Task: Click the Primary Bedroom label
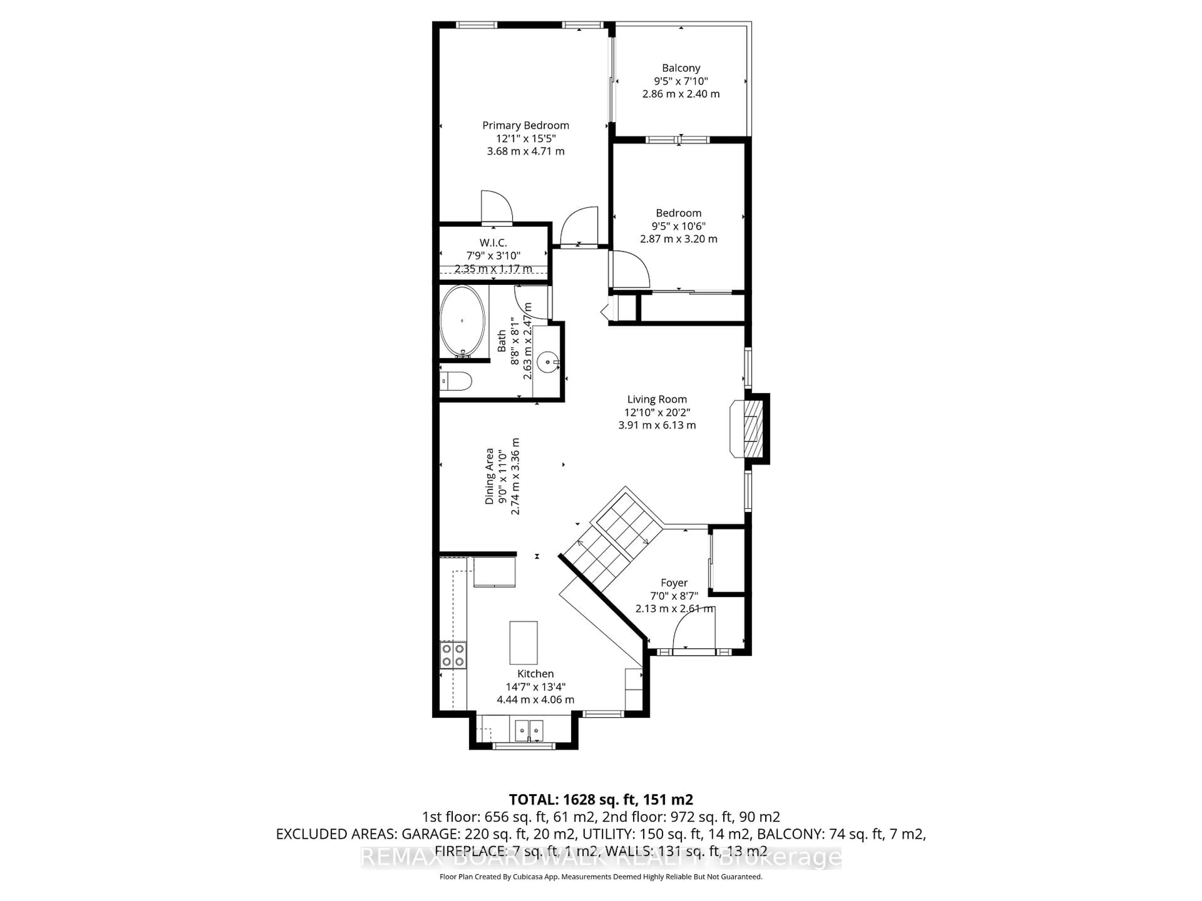pos(526,125)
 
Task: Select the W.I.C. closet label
pos(493,243)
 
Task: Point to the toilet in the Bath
pos(456,381)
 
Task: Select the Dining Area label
pos(490,476)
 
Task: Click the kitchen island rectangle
pos(523,643)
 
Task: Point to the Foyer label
pos(674,583)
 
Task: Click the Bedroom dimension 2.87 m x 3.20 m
pos(678,239)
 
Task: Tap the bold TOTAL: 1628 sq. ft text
pos(600,799)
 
